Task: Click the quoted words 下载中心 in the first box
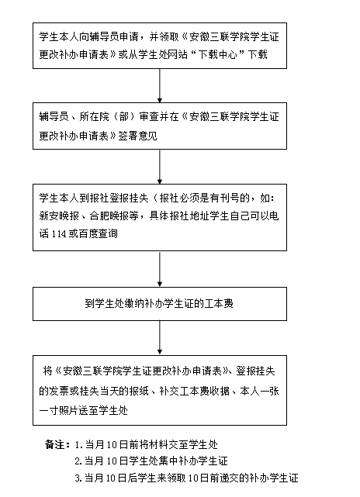coord(217,54)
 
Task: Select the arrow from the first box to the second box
coord(160,85)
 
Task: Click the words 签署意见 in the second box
coord(137,136)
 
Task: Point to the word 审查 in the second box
coord(149,116)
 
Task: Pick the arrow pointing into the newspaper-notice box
coord(160,167)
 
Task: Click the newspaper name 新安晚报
coord(59,216)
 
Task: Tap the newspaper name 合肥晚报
coord(109,216)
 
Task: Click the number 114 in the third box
coord(59,234)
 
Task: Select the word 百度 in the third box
coord(88,234)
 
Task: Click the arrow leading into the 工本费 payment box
coord(160,269)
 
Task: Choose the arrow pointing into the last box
coord(160,338)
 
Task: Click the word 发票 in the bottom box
coord(59,391)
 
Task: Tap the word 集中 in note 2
coord(168,461)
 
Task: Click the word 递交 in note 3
coord(220,478)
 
